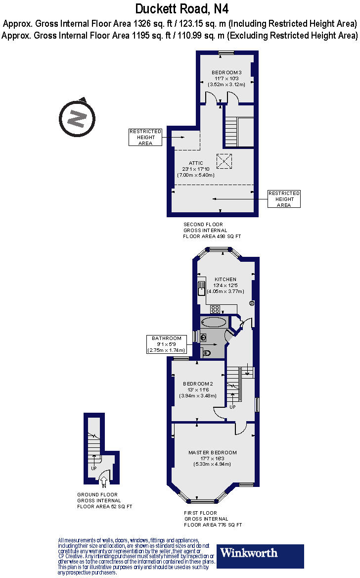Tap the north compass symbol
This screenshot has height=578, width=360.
tap(77, 118)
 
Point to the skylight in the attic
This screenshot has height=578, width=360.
tap(224, 161)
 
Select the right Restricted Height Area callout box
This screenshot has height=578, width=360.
tap(284, 199)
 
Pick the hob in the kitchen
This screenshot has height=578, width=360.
tap(215, 309)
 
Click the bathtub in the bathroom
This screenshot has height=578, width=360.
tap(214, 323)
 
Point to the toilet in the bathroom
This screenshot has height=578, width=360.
tap(207, 353)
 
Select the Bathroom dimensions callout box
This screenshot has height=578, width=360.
tap(166, 344)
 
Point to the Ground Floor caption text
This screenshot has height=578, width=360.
tap(97, 494)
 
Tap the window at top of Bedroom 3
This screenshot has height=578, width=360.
tap(226, 53)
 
